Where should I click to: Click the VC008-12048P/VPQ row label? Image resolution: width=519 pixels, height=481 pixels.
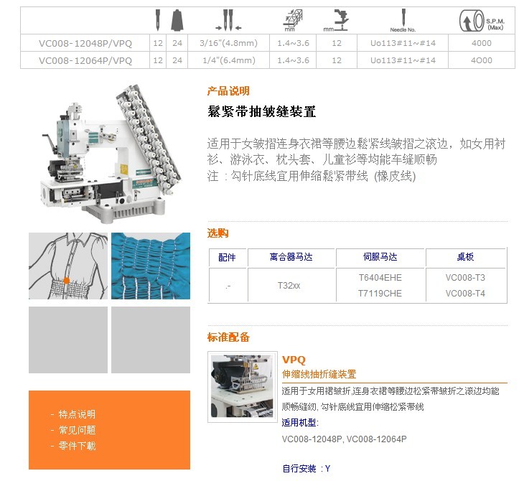coord(85,43)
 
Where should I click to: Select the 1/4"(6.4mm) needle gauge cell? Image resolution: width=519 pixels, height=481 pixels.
coord(229,60)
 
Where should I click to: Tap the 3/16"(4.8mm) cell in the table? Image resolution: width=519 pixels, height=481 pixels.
coord(229,43)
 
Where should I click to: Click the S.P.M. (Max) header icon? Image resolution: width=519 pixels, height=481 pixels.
coord(482,21)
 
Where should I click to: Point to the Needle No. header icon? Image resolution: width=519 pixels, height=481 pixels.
coord(403,21)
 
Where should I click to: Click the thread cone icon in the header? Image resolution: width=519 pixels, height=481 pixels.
coord(177,20)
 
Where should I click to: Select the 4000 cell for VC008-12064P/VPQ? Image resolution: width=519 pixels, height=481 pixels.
coord(482,60)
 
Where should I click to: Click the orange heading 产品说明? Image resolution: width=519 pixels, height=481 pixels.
coord(228,90)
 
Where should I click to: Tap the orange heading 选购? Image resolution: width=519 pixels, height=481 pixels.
coord(218,233)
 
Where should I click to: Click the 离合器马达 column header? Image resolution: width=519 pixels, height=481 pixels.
coord(291,257)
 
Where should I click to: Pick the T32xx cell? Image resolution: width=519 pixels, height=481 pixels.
coord(289,285)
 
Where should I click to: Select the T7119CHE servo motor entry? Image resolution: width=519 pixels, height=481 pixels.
coord(380,294)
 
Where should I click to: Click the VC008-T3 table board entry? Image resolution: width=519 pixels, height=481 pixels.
coord(465,277)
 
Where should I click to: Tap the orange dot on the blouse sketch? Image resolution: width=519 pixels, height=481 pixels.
coord(66,281)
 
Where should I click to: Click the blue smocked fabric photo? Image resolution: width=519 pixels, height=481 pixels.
coord(151,266)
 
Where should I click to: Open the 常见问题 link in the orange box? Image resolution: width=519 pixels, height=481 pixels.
coord(77,430)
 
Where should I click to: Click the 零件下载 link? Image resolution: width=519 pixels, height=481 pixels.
coord(77,446)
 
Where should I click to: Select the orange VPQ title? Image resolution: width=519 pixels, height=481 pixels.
coord(294,360)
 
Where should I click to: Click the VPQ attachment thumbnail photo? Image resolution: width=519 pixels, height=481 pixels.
coord(243,387)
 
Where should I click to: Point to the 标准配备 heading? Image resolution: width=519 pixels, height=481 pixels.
coord(228,337)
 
